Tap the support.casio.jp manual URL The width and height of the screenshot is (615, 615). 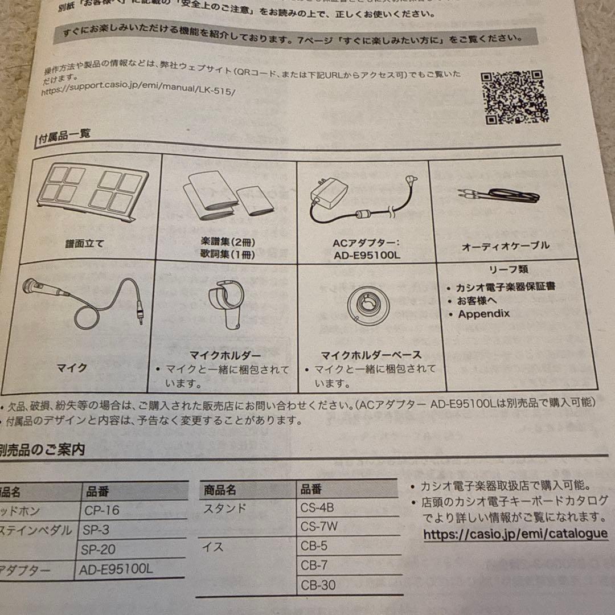138,91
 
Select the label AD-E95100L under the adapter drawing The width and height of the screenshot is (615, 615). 367,255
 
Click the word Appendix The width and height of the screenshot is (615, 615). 483,314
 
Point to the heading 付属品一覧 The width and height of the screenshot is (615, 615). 64,136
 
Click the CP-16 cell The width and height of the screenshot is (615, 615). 102,510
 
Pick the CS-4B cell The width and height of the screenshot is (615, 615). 317,507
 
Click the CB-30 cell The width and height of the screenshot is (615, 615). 318,585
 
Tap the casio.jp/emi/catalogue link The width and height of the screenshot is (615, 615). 515,534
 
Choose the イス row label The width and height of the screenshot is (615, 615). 214,547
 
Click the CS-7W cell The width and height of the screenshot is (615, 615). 319,526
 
